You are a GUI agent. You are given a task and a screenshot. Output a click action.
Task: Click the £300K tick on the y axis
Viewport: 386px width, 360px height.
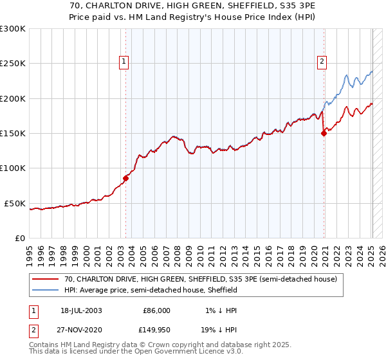pos(13,29)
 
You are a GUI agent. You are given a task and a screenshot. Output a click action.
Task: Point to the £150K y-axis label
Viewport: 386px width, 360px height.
pos(13,134)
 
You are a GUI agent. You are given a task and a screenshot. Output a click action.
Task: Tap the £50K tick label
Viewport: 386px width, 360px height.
pos(15,203)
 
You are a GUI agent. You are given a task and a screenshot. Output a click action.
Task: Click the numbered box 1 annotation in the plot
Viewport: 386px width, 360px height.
pos(124,62)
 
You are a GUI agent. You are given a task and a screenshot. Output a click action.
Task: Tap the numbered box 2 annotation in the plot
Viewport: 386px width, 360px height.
pos(321,62)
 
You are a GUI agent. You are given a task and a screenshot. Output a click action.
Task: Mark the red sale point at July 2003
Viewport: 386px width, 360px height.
pos(126,178)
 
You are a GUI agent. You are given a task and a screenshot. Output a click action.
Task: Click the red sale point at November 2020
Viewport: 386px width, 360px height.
pos(324,134)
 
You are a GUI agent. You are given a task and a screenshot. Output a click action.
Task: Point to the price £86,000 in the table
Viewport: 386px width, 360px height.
pos(156,310)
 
